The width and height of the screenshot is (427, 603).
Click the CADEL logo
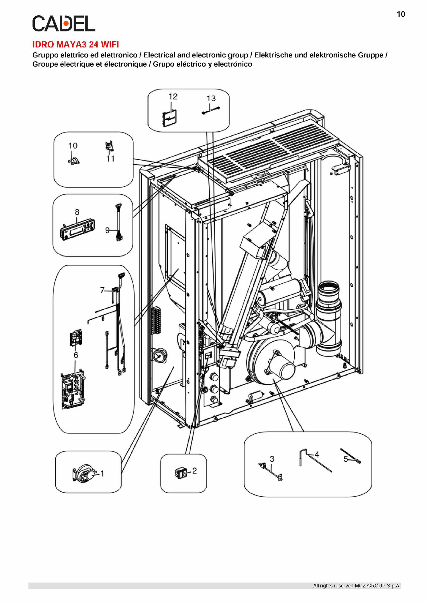[64, 24]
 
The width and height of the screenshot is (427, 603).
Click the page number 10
[401, 14]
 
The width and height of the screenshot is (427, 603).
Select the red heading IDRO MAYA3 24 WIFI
[76, 45]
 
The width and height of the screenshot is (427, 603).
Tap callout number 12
[173, 97]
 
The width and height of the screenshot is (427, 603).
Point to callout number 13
[211, 99]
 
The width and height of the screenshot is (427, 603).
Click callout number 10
[73, 146]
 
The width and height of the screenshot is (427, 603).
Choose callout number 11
[111, 159]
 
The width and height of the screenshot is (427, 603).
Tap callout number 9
[108, 230]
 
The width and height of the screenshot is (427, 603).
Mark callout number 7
[102, 290]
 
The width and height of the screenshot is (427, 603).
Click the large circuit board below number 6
[73, 388]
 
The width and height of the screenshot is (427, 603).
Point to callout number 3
[272, 459]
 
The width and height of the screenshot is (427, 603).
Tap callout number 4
[317, 455]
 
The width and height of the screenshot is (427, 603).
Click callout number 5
[346, 459]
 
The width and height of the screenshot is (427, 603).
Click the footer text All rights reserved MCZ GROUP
[357, 586]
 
